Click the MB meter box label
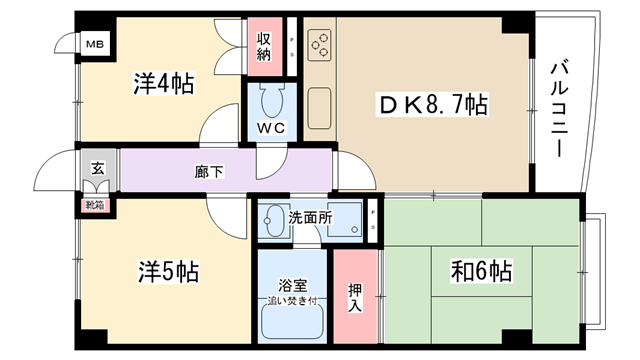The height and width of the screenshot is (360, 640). (x=95, y=44)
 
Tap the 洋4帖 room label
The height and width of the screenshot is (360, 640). (x=163, y=84)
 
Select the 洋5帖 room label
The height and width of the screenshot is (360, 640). (x=168, y=271)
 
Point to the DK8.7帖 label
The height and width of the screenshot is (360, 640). (x=433, y=104)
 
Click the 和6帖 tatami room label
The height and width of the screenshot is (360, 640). (x=481, y=271)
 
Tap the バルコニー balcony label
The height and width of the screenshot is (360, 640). (x=559, y=109)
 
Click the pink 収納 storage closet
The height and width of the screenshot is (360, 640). (x=264, y=47)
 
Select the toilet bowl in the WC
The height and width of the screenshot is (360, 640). (x=272, y=102)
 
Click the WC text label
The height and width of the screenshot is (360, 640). (x=271, y=129)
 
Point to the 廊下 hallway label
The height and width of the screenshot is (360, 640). (x=209, y=172)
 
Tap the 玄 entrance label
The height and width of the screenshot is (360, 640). (x=97, y=168)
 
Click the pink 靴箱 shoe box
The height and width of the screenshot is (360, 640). (x=95, y=205)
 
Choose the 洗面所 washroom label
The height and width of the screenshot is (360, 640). (x=311, y=218)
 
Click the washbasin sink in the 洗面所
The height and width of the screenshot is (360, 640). (x=275, y=220)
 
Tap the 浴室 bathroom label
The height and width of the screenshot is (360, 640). (x=293, y=286)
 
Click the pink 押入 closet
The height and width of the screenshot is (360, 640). (x=355, y=297)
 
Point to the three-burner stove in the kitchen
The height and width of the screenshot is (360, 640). (x=320, y=45)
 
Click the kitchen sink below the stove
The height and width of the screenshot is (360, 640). (x=320, y=109)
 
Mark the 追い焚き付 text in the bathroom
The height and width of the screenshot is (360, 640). (x=292, y=301)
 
